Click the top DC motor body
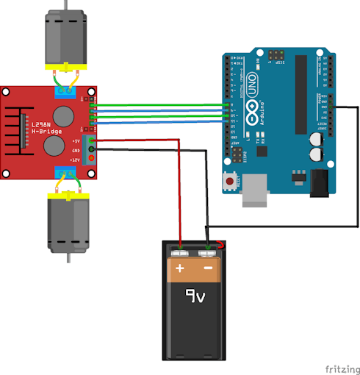click(x=68, y=38)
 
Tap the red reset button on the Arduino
click(x=231, y=180)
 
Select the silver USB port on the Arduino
click(x=255, y=188)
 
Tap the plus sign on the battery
click(x=180, y=269)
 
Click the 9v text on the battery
click(x=194, y=297)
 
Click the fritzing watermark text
click(x=340, y=365)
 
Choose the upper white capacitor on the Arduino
click(x=316, y=138)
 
